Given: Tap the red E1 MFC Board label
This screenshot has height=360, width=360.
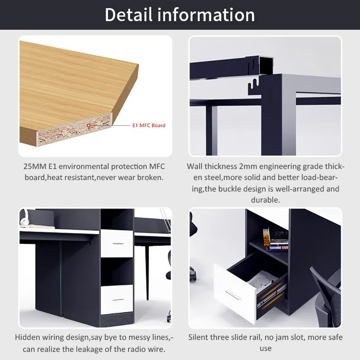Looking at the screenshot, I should [148, 126].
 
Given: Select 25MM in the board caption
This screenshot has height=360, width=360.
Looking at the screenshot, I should [35, 166].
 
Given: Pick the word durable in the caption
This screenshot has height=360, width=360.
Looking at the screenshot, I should [265, 199].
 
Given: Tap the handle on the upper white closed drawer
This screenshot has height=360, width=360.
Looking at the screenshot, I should [118, 243].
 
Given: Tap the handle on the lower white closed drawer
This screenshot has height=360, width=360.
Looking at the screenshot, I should [118, 299].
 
